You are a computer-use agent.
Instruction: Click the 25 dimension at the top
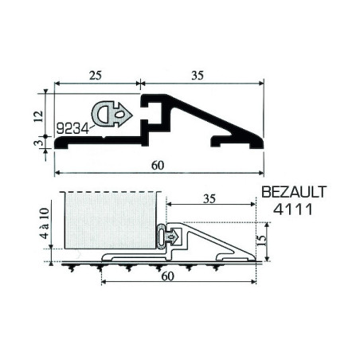click(96, 76)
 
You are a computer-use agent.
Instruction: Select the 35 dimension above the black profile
click(198, 76)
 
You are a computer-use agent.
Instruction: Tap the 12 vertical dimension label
click(38, 116)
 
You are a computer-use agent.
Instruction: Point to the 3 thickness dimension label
click(37, 143)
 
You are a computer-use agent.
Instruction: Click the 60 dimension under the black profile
click(158, 166)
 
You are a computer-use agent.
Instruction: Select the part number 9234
click(72, 129)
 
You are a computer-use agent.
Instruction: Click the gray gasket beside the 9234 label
click(112, 114)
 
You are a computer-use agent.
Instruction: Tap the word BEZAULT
click(294, 192)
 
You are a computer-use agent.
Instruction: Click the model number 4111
click(293, 209)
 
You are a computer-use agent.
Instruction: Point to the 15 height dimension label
click(262, 241)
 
